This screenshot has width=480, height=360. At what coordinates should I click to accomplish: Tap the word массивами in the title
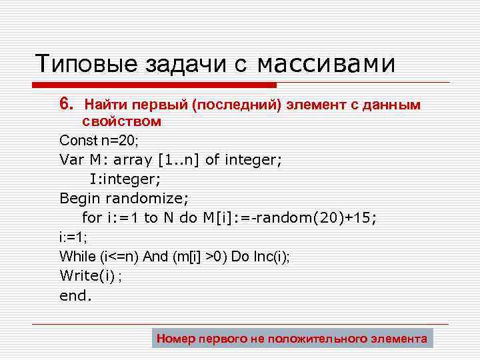click(x=326, y=64)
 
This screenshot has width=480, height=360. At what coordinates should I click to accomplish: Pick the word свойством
click(x=121, y=121)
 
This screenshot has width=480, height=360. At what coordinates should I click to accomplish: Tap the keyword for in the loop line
click(x=91, y=217)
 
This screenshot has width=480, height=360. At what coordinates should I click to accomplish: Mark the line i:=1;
click(x=74, y=237)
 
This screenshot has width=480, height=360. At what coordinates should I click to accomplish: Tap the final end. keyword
click(x=74, y=295)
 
